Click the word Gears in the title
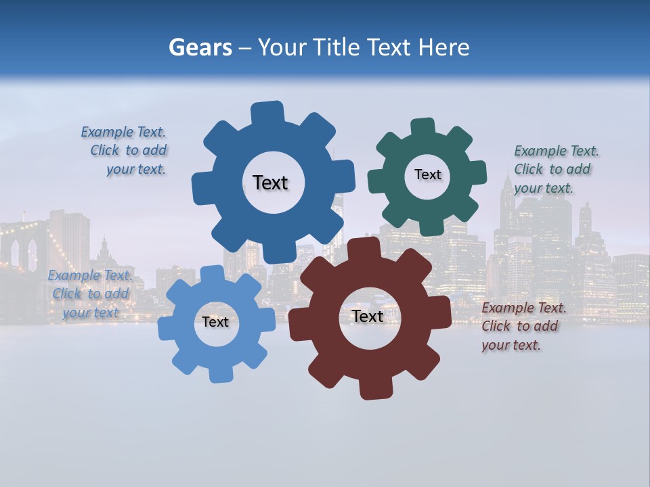pyautogui.click(x=200, y=47)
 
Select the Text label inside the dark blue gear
pyautogui.click(x=270, y=183)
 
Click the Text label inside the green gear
pyautogui.click(x=427, y=175)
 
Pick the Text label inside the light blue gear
pyautogui.click(x=215, y=323)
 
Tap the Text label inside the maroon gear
pyautogui.click(x=368, y=317)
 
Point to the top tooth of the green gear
pyautogui.click(x=423, y=128)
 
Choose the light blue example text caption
pyautogui.click(x=90, y=294)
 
